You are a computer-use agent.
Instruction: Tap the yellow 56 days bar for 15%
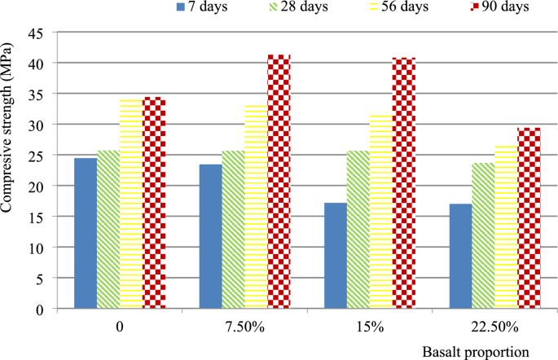pyautogui.click(x=381, y=212)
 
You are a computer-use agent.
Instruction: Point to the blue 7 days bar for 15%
pyautogui.click(x=336, y=256)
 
